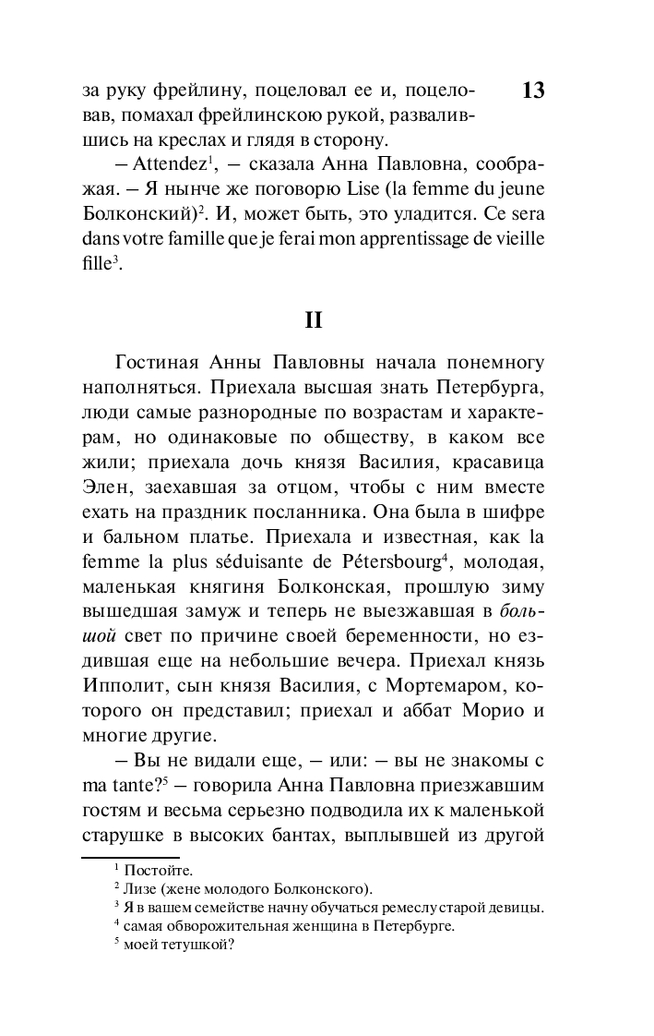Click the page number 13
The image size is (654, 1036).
click(x=532, y=90)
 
